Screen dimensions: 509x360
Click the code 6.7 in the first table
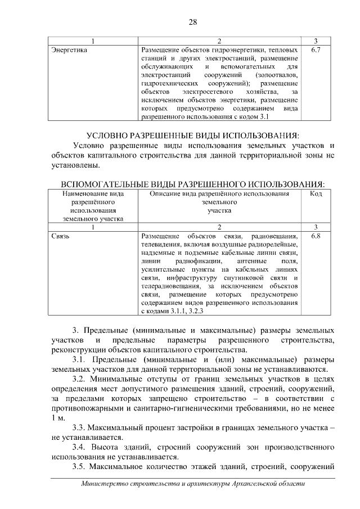[316, 50]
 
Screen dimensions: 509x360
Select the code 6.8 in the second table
[316, 236]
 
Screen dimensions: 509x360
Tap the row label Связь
[60, 236]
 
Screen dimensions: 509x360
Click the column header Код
[316, 193]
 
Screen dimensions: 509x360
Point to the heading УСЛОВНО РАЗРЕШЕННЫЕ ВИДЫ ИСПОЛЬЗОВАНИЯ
[192, 136]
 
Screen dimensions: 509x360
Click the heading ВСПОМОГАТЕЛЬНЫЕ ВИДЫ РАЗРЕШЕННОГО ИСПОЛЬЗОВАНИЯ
[192, 184]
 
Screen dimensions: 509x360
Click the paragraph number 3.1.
[80, 359]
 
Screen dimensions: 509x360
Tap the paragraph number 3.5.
[80, 467]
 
